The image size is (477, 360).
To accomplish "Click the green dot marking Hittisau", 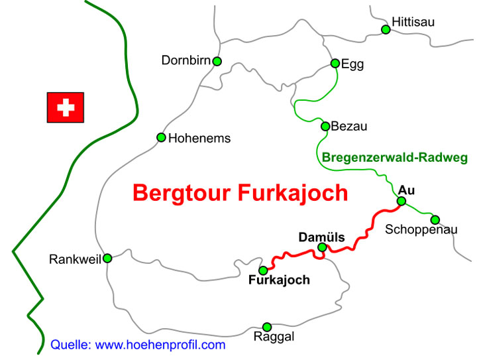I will coord(386,29).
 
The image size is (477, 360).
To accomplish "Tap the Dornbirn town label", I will coord(185,61).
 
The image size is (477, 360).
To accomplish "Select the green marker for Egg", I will coord(335,64).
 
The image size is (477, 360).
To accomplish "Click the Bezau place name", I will coord(348,126).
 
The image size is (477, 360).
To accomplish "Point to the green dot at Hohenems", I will coord(161,137).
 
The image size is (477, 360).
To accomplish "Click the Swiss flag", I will coord(65,107).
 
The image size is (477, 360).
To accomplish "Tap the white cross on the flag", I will coord(65,107).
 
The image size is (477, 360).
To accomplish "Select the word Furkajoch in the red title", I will coord(292,193).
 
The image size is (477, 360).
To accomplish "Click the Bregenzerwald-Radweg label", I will coord(395,158).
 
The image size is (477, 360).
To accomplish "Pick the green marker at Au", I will coord(401,202).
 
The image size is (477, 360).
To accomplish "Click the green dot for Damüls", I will coord(322,247).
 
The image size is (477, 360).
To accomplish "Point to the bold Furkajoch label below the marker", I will coord(279,280).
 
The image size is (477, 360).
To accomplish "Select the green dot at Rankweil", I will coord(107,258).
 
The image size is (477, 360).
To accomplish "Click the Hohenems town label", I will coord(199,139).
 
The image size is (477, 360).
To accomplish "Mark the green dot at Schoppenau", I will coord(435,219).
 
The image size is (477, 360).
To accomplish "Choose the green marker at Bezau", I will coord(325,126).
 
